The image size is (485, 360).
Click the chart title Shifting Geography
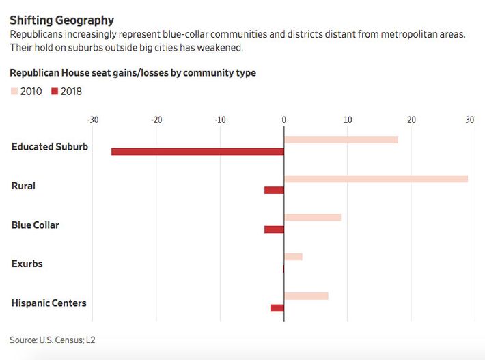pyautogui.click(x=61, y=20)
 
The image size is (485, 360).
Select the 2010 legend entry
pyautogui.click(x=27, y=92)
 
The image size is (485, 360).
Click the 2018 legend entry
pyautogui.click(x=66, y=92)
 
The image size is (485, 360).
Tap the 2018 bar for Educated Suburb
pyautogui.click(x=197, y=152)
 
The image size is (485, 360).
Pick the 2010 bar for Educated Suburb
pyautogui.click(x=341, y=139)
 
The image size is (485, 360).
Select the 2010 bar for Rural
pyautogui.click(x=376, y=179)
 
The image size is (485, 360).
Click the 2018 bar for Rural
pyautogui.click(x=274, y=190)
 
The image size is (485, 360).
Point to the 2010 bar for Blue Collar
pyautogui.click(x=312, y=218)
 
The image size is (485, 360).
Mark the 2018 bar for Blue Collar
pyautogui.click(x=274, y=230)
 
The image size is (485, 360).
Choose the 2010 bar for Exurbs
pyautogui.click(x=293, y=257)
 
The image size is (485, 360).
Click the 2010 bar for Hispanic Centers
pyautogui.click(x=306, y=296)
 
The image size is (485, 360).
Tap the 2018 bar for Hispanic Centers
pyautogui.click(x=277, y=308)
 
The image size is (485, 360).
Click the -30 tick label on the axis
pyautogui.click(x=93, y=120)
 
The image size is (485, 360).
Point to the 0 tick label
pyautogui.click(x=283, y=120)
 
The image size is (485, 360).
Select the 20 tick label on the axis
pyautogui.click(x=411, y=120)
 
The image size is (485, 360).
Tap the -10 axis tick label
pyautogui.click(x=220, y=120)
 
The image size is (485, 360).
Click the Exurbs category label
pyautogui.click(x=27, y=264)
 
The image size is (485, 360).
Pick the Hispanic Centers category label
pyautogui.click(x=48, y=303)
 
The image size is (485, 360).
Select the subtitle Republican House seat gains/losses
pyautogui.click(x=133, y=73)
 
